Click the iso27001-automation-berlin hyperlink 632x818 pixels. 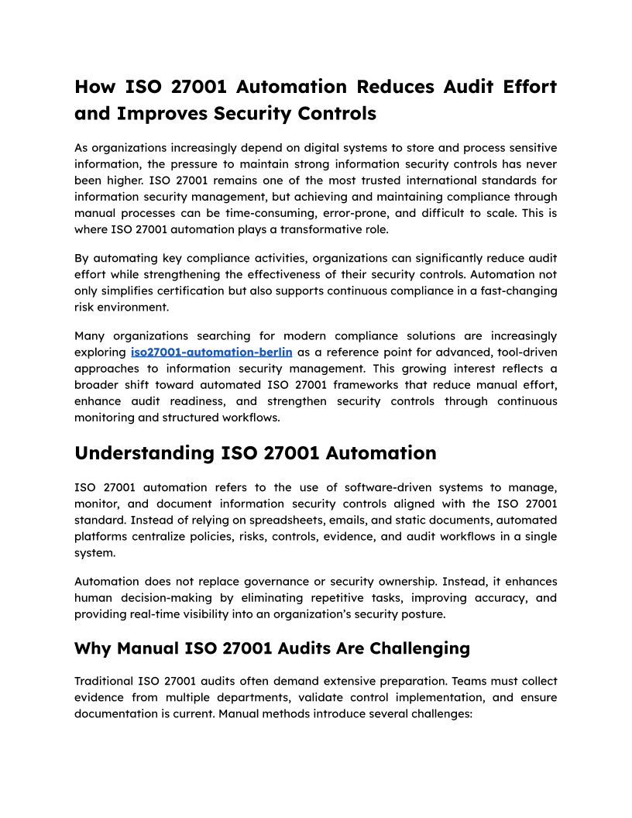coord(211,352)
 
